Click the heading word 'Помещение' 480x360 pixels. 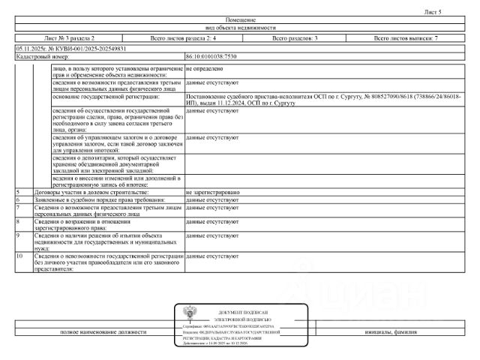(240, 19)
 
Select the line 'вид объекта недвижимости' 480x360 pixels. (240, 27)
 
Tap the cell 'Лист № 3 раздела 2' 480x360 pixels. (70, 37)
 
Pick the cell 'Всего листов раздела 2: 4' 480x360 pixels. (183, 37)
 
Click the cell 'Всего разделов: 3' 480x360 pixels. (295, 37)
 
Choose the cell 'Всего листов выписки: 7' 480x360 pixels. (406, 37)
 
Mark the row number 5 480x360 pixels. (18, 193)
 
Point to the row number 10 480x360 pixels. (19, 256)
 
